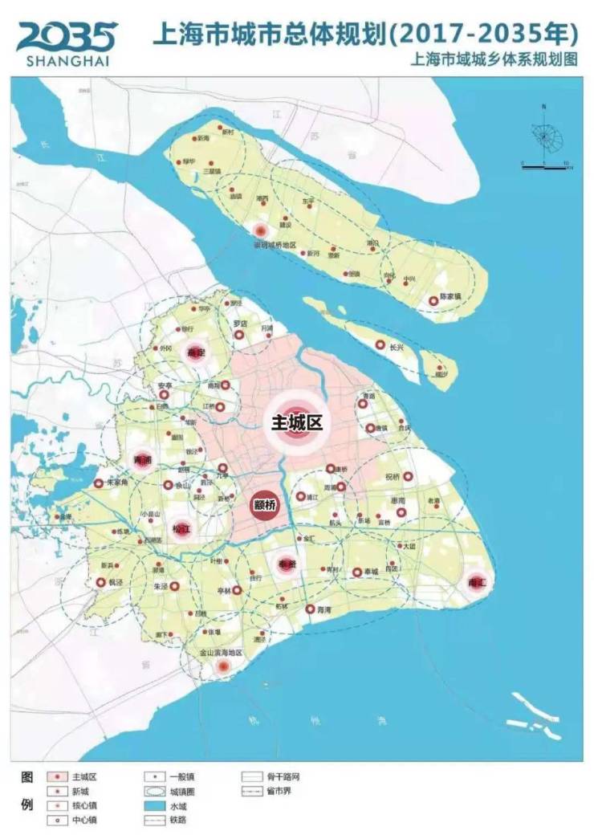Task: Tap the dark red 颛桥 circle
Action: pyautogui.click(x=264, y=506)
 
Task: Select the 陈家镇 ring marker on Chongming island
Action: pyautogui.click(x=433, y=300)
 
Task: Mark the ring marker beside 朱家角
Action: pyautogui.click(x=99, y=483)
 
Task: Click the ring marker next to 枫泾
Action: pyautogui.click(x=100, y=582)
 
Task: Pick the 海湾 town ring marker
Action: pyautogui.click(x=310, y=609)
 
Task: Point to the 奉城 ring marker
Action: pyautogui.click(x=356, y=572)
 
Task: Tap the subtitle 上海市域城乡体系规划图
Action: pyautogui.click(x=493, y=59)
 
